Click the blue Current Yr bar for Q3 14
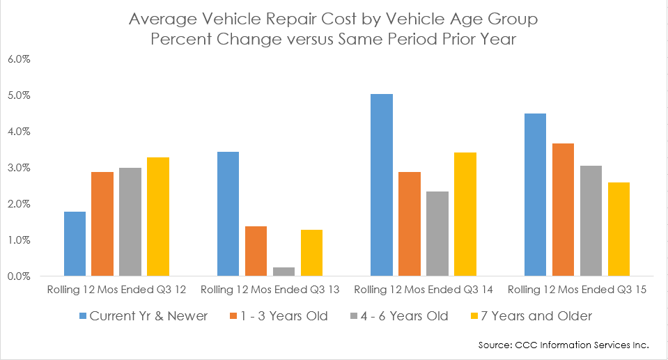tap(381, 185)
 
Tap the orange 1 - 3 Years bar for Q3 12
tap(102, 224)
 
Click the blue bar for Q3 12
tap(75, 244)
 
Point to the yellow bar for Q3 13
tap(311, 253)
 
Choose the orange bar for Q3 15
tap(562, 210)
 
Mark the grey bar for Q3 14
tap(437, 234)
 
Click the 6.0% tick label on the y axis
tap(18, 59)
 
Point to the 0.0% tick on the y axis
tap(18, 276)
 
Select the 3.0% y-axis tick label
tap(18, 168)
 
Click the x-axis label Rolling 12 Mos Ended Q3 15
tap(576, 289)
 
